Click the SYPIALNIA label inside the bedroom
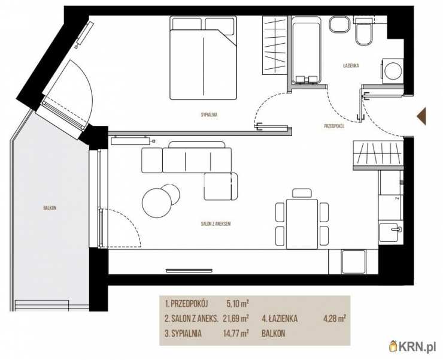(209, 115)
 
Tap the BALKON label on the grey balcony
(50, 208)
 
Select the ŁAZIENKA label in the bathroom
(351, 65)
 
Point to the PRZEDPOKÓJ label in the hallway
(334, 126)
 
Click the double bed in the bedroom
(203, 58)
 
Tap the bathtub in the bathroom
(306, 50)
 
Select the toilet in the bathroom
(363, 31)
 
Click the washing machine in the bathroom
(393, 71)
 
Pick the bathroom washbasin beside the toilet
(340, 25)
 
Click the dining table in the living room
(302, 223)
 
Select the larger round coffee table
(157, 203)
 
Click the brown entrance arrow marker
(421, 116)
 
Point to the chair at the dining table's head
(302, 193)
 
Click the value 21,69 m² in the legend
(236, 319)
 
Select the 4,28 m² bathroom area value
(335, 319)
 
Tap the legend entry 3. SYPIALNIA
(183, 334)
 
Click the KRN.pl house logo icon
(393, 346)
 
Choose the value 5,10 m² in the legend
(237, 304)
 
